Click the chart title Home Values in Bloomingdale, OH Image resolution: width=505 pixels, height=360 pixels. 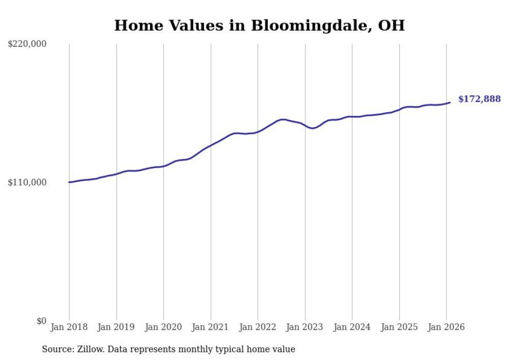click(x=259, y=25)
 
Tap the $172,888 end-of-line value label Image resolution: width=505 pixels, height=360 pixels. click(x=479, y=99)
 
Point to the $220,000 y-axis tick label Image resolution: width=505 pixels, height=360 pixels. click(x=27, y=44)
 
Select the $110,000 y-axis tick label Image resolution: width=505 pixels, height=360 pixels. click(x=27, y=182)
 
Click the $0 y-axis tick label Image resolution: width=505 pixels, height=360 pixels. click(x=41, y=321)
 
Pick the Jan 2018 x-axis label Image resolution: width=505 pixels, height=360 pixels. click(x=69, y=328)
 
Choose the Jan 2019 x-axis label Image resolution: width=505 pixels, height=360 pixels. click(x=116, y=328)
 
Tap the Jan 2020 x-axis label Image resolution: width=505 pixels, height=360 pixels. click(x=163, y=328)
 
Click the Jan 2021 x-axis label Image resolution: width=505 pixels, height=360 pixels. click(x=211, y=328)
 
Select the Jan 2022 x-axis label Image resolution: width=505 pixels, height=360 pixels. click(x=258, y=328)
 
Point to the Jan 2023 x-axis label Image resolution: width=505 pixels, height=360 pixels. click(x=305, y=328)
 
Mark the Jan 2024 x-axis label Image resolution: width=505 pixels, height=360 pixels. click(x=352, y=328)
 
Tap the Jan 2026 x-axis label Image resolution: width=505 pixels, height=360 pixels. click(x=446, y=328)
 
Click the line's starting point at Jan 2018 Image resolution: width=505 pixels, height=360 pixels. click(x=69, y=182)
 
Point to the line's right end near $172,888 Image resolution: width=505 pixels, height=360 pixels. click(x=450, y=102)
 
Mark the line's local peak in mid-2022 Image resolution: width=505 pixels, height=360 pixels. click(x=283, y=119)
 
